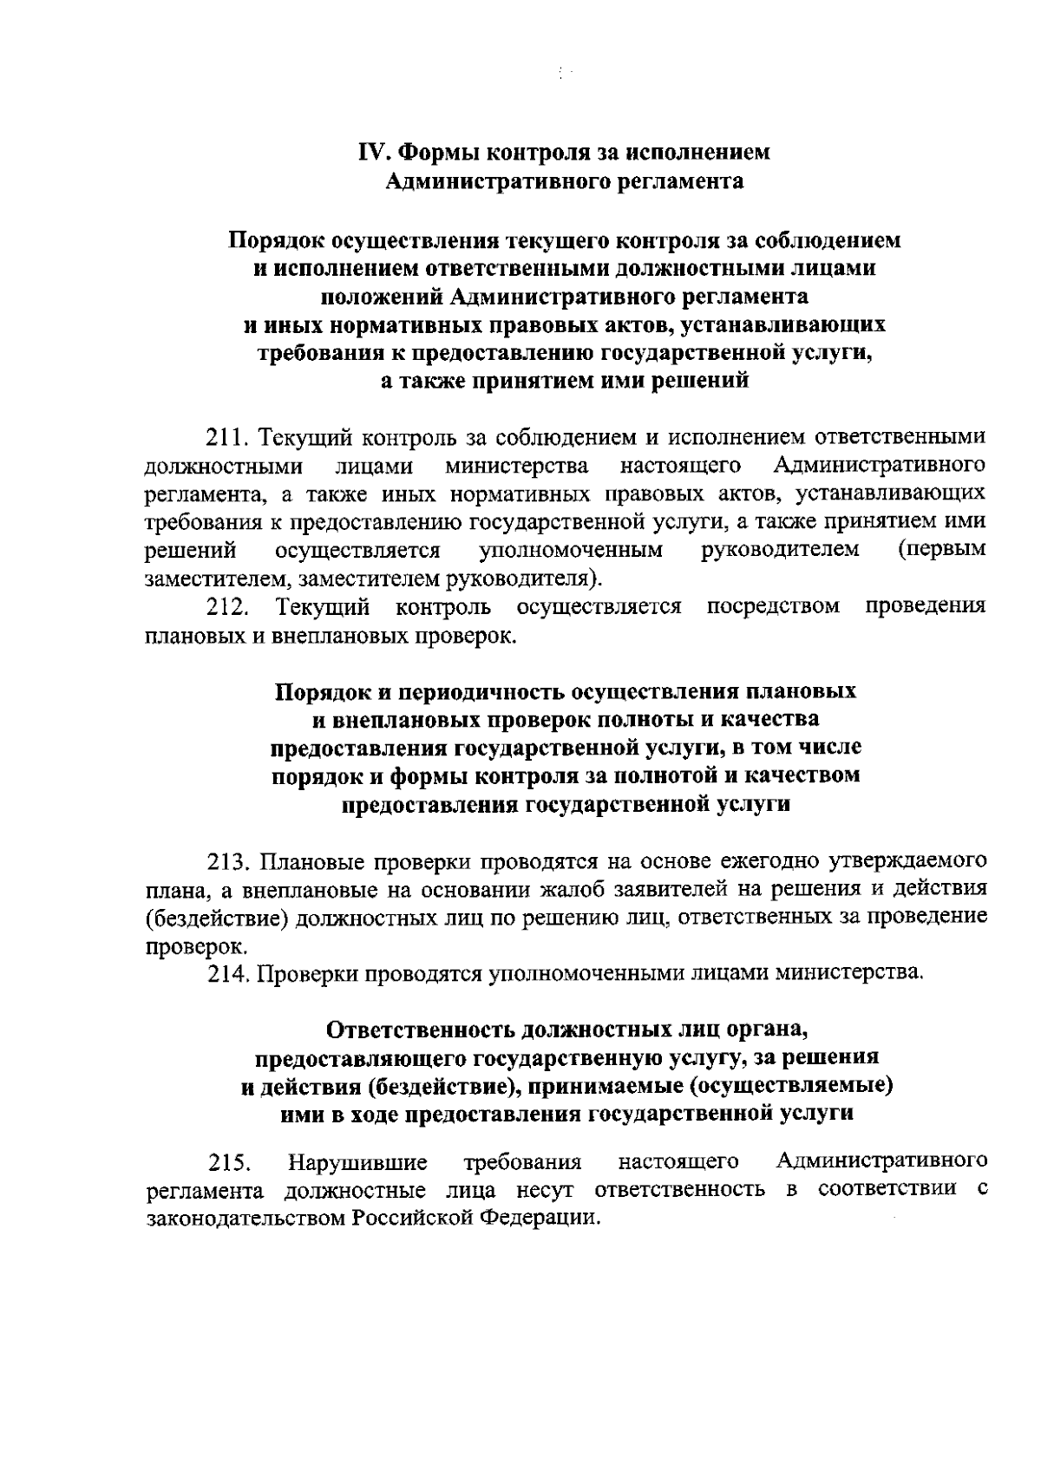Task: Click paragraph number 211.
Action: (x=226, y=436)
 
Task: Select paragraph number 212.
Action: (x=226, y=606)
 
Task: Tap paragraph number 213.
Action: (x=228, y=861)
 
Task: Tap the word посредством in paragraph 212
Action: (x=773, y=606)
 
